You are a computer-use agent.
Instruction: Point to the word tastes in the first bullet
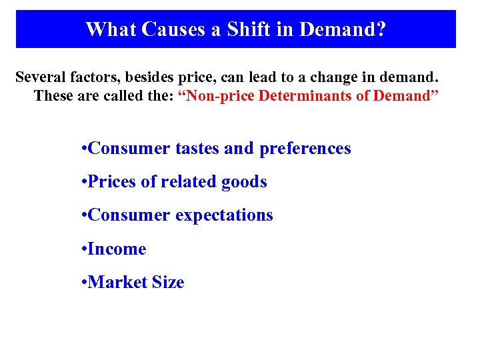click(x=197, y=148)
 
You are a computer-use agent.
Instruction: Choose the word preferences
click(x=305, y=149)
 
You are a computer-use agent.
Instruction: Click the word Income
click(x=117, y=249)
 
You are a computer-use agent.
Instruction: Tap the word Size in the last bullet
click(x=169, y=282)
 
